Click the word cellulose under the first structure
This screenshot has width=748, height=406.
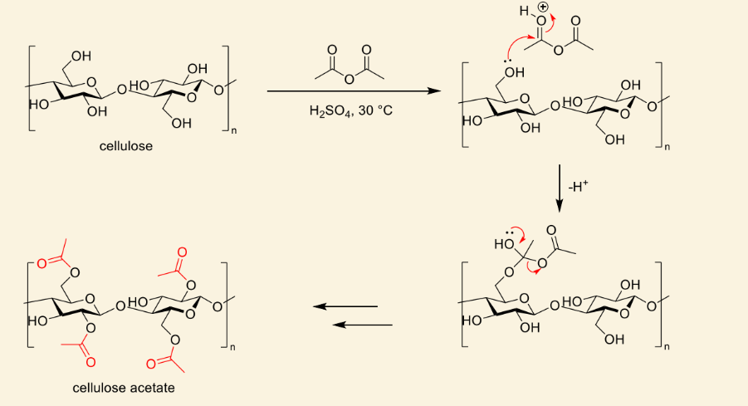tap(126, 146)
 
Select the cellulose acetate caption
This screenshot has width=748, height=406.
tap(124, 388)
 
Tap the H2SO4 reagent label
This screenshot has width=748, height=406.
tap(330, 111)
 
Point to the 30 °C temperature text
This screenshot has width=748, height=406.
tap(375, 110)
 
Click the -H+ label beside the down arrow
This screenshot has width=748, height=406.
tap(578, 187)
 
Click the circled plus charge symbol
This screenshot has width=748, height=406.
tap(543, 7)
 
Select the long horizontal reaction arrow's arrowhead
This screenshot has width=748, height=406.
tap(433, 90)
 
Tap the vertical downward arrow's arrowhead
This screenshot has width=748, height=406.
tap(560, 206)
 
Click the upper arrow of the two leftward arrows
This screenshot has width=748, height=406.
tap(345, 306)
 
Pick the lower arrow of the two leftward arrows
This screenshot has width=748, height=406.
tap(362, 325)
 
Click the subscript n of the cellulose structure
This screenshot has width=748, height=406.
tap(234, 131)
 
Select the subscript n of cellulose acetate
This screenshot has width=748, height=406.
tap(232, 348)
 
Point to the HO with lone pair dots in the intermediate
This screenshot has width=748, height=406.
tap(504, 244)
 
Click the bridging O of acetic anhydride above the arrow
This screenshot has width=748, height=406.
tap(350, 79)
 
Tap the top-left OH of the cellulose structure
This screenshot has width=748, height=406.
tap(81, 56)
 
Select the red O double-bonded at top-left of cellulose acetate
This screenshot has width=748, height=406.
tap(42, 263)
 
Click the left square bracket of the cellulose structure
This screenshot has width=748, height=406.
tap(31, 88)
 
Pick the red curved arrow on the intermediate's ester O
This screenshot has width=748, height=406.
tap(532, 270)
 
